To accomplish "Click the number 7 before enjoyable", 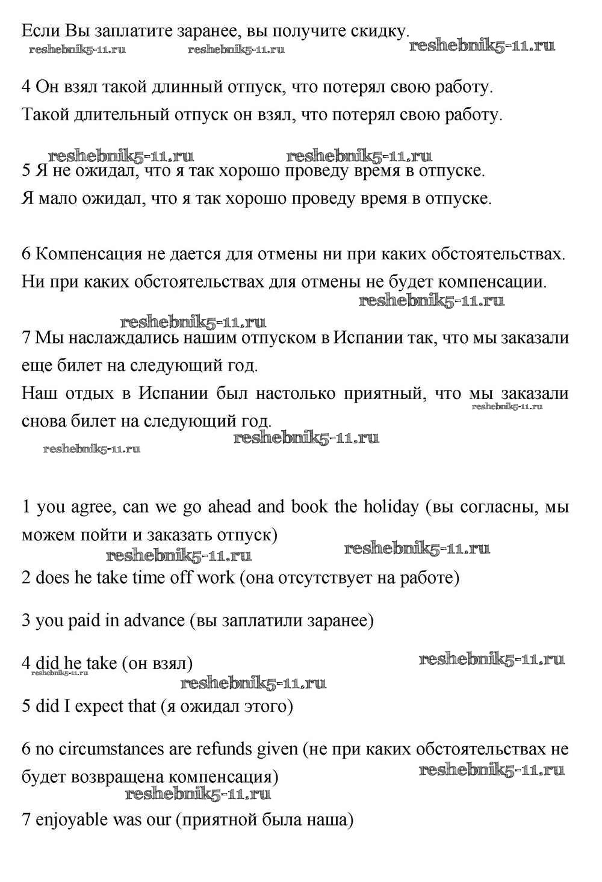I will tap(26, 820).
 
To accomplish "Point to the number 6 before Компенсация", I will tap(26, 254).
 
